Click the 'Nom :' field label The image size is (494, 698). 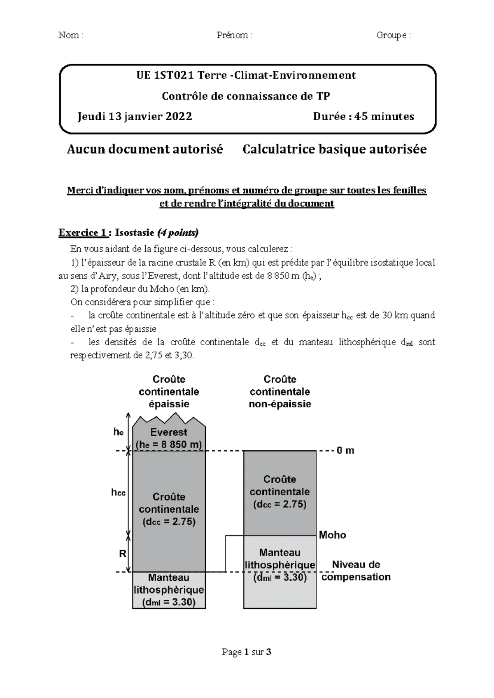tap(71, 35)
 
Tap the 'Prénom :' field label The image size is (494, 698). tap(234, 35)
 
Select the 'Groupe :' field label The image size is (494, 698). tap(393, 35)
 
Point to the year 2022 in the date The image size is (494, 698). tap(179, 116)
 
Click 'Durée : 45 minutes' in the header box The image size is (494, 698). tap(364, 116)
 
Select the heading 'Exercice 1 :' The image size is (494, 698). tap(84, 233)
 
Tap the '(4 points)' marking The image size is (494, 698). tap(178, 233)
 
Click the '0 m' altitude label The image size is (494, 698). tap(345, 451)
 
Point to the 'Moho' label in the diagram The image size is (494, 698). tap(333, 535)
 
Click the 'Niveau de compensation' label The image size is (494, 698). tap(356, 571)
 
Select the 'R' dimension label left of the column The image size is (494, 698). tap(123, 554)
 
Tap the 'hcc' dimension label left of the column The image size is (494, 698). tap(118, 492)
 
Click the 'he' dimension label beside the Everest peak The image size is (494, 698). tap(119, 432)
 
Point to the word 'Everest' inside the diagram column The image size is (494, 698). tap(169, 432)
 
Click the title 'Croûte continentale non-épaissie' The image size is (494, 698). tap(280, 391)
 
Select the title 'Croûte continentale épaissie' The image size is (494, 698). tap(169, 391)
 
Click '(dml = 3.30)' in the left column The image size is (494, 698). tap(169, 603)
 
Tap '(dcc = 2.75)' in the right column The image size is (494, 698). tap(280, 504)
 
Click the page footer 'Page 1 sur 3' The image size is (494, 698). tap(247, 652)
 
